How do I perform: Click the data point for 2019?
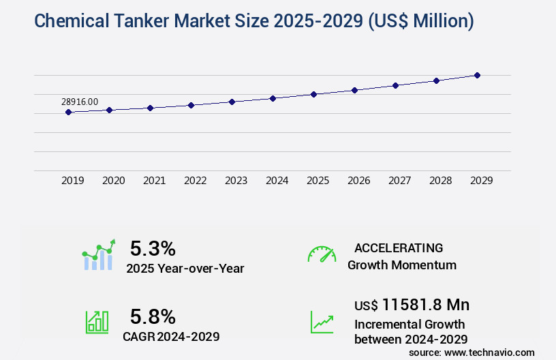68,112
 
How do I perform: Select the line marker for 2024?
273,98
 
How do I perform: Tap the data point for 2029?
477,75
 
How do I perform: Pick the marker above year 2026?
354,90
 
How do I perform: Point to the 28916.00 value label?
80,102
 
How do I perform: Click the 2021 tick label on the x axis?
154,181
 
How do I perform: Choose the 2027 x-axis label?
399,181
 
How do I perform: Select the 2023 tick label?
236,181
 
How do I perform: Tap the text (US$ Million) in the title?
421,21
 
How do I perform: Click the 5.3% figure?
153,247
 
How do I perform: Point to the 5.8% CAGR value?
153,316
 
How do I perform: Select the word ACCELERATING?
399,247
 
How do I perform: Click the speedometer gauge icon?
322,254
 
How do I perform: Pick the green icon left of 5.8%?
97,322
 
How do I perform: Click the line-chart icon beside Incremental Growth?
322,322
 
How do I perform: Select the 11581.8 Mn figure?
426,304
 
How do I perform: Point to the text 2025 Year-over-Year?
185,269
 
